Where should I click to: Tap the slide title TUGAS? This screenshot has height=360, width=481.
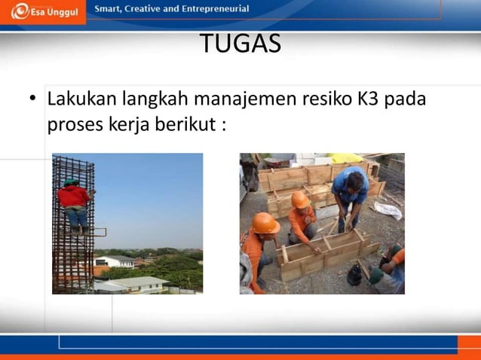tap(240, 44)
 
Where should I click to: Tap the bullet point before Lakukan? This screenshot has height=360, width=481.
tap(33, 99)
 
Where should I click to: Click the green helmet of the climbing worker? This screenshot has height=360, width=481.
tap(70, 182)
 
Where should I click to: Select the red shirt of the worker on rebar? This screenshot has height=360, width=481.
tap(74, 197)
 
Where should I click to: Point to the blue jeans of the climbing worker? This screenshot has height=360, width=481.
tap(75, 218)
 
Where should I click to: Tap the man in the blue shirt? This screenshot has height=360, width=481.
tap(350, 192)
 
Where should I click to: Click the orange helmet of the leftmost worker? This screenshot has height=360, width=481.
tap(265, 223)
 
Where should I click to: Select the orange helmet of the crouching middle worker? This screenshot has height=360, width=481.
tap(300, 200)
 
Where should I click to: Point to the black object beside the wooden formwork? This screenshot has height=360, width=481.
tap(354, 274)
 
